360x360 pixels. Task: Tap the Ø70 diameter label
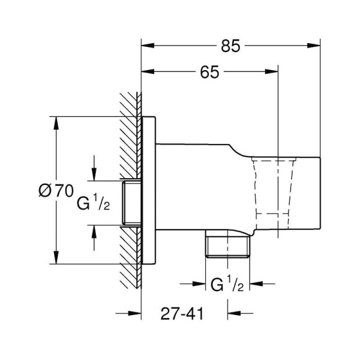56,191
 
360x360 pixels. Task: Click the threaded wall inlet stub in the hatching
131,202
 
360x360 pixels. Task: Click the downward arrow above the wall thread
93,175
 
